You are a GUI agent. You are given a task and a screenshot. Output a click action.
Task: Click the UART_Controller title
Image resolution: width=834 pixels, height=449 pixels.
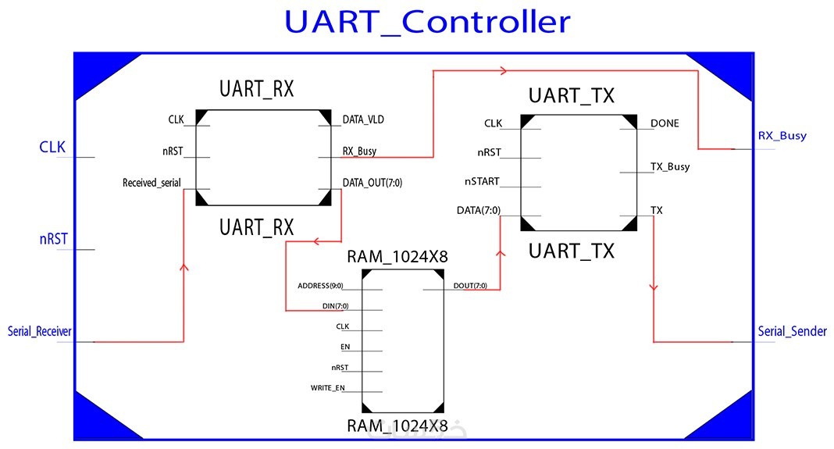click(x=427, y=22)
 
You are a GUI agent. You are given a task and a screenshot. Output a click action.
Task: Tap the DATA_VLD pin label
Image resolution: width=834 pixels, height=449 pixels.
click(x=363, y=120)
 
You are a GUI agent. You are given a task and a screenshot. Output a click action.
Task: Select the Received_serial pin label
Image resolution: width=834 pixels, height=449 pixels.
click(x=151, y=184)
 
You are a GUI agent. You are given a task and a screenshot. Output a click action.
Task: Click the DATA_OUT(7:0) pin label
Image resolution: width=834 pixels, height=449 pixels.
click(x=372, y=184)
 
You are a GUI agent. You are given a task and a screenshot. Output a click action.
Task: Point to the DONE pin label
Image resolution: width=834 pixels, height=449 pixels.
click(x=665, y=123)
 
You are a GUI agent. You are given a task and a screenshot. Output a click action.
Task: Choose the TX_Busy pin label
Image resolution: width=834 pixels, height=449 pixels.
click(x=670, y=166)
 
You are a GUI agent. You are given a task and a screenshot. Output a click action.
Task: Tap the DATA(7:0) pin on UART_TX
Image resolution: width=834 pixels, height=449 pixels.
click(x=479, y=211)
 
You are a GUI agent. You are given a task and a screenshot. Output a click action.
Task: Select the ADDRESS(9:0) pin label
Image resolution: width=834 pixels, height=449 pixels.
click(x=320, y=286)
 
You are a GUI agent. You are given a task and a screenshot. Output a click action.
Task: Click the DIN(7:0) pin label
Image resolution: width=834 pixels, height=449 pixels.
click(x=335, y=305)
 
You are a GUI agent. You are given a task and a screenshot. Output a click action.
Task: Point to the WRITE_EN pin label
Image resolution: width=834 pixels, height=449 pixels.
click(x=327, y=388)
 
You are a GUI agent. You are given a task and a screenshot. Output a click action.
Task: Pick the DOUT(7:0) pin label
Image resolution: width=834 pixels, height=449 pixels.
click(x=470, y=286)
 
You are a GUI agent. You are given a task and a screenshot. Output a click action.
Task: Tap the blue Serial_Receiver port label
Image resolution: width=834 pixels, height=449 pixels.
click(x=40, y=332)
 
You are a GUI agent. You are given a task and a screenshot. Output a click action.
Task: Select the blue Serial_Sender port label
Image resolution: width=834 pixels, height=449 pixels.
click(x=792, y=332)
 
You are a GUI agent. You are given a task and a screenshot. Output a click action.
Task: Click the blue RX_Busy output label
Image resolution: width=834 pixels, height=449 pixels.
click(x=782, y=136)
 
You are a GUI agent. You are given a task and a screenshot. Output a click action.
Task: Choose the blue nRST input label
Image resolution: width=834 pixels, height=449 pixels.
click(x=53, y=239)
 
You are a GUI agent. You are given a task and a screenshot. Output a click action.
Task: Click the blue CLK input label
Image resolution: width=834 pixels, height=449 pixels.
click(x=52, y=147)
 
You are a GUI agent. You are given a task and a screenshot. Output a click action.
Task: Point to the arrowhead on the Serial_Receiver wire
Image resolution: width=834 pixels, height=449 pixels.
click(x=184, y=268)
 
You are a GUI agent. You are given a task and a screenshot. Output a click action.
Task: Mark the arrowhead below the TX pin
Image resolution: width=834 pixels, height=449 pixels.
click(x=653, y=287)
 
